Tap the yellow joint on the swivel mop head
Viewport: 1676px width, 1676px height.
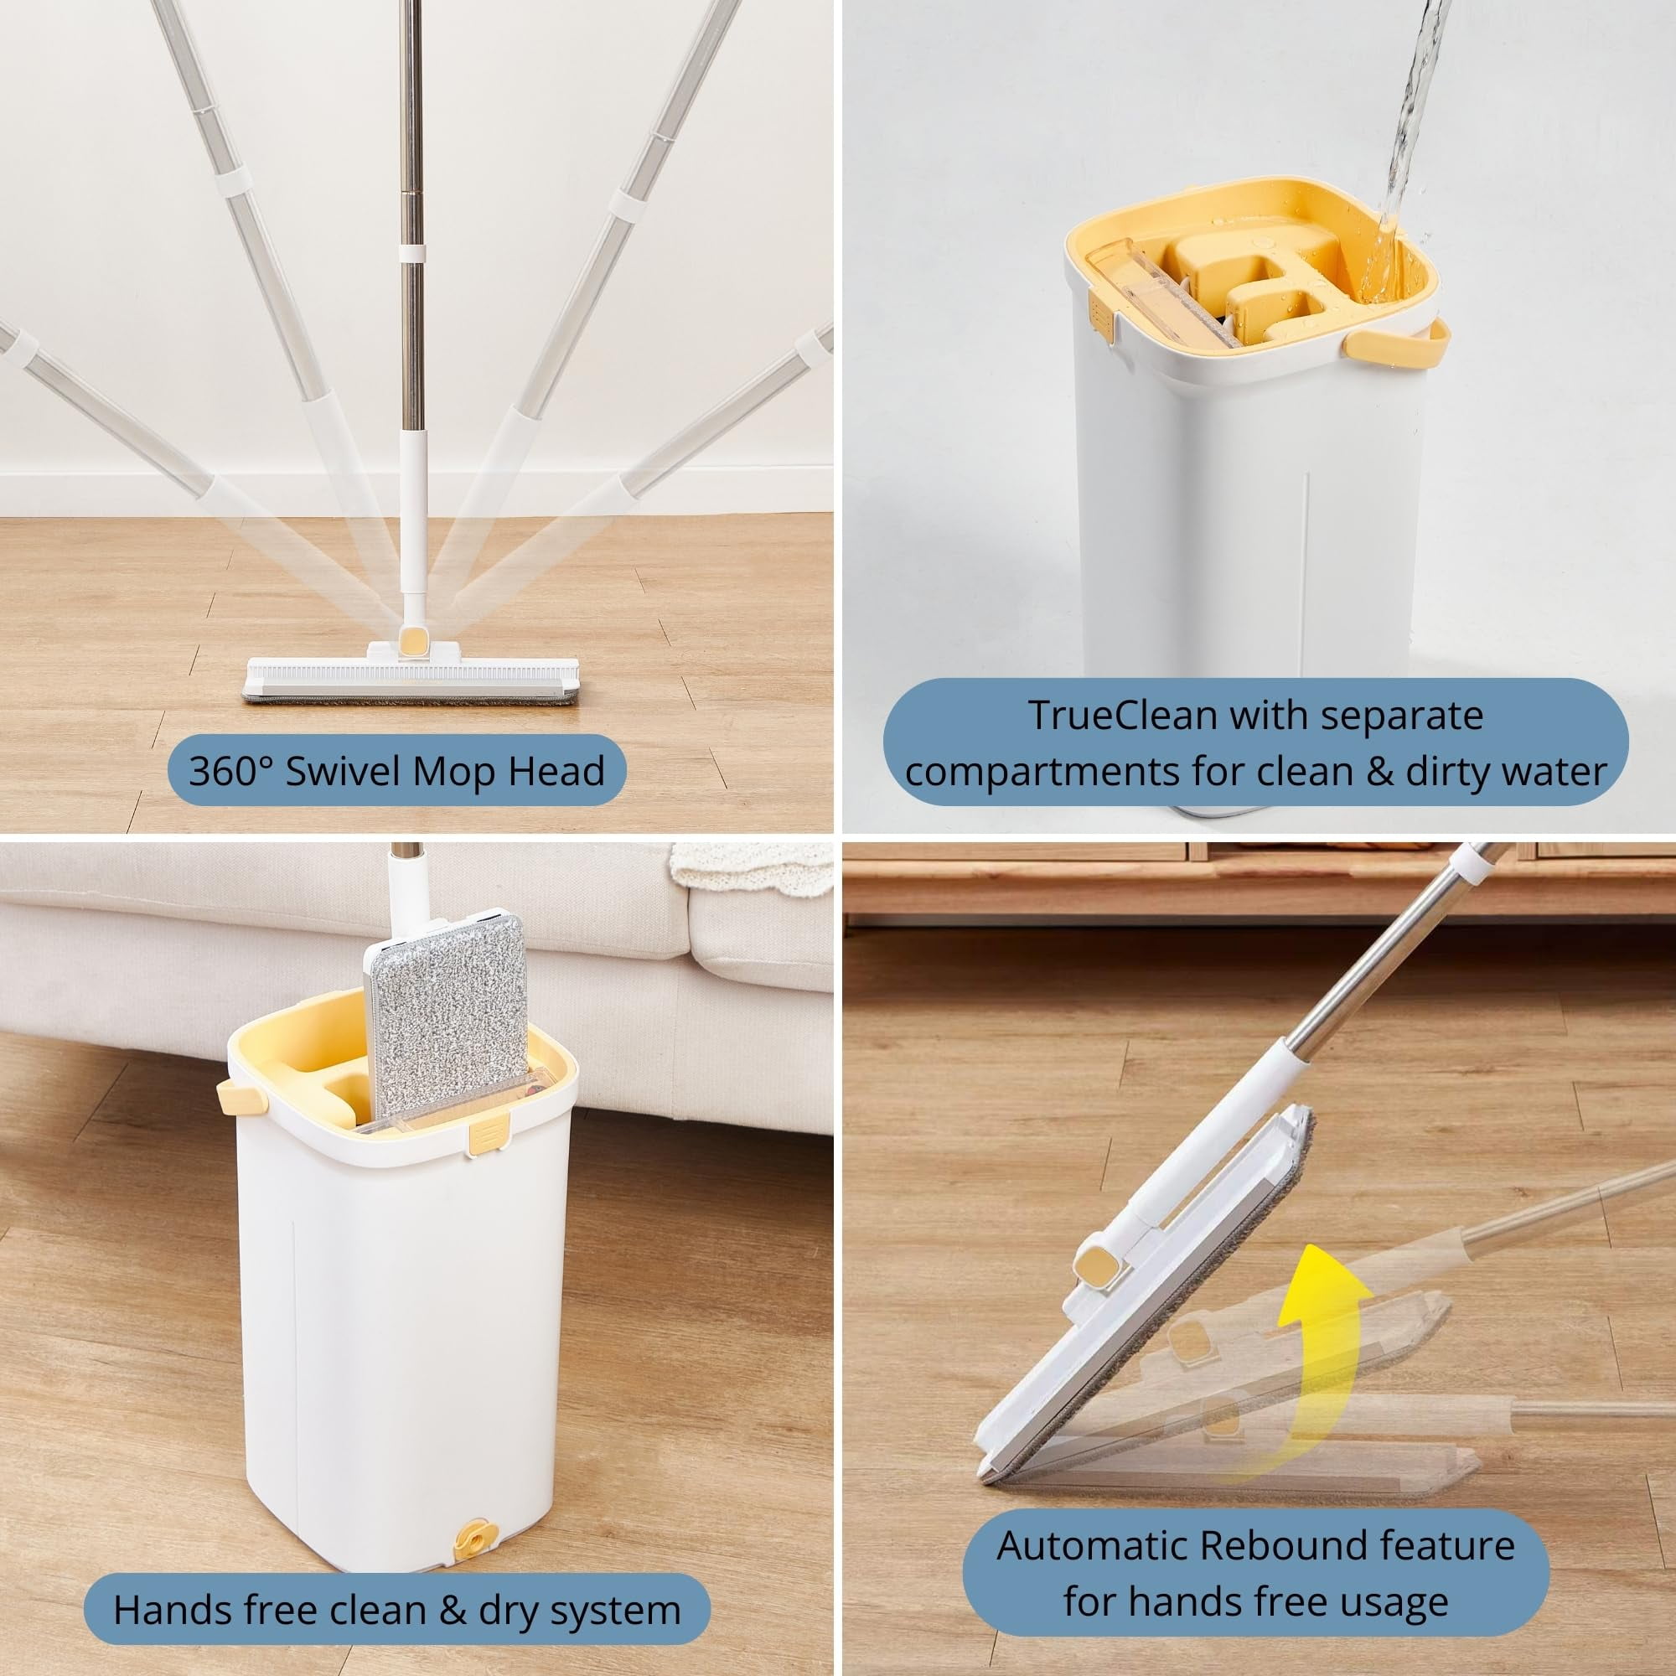[413, 643]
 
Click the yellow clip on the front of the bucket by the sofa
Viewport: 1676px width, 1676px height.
[484, 1138]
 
